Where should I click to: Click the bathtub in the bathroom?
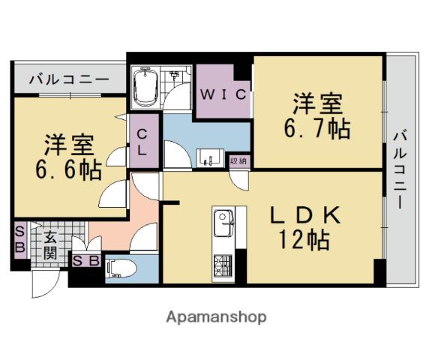[145, 87]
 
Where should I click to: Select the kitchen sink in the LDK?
[223, 223]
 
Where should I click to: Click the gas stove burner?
[223, 265]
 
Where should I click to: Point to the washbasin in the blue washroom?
[210, 157]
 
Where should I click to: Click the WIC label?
[223, 94]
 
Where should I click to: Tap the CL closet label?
[142, 142]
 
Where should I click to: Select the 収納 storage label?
[238, 160]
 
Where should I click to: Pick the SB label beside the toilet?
[86, 260]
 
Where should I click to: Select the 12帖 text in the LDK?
[304, 239]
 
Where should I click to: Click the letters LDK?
[305, 215]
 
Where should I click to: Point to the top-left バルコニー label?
[69, 79]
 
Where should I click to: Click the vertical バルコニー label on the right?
[400, 170]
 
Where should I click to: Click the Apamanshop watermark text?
[216, 317]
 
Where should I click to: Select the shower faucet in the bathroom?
[174, 74]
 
